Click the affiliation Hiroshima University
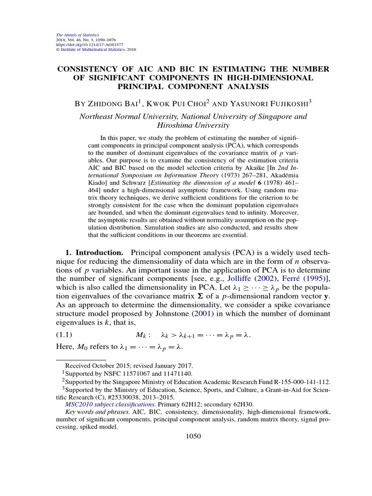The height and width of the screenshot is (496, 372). pos(193,126)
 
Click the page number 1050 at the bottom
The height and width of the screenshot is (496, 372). pos(193,436)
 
